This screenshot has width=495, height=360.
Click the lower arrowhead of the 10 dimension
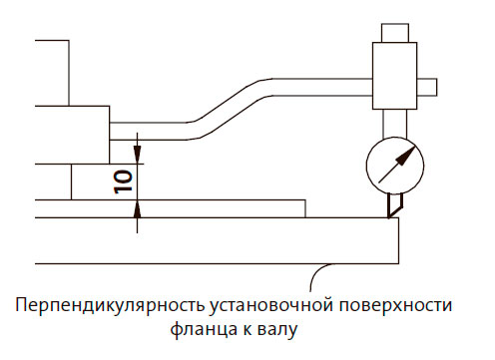(x=137, y=205)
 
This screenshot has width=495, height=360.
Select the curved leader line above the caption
(x=317, y=273)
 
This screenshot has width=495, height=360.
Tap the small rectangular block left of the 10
(x=90, y=181)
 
